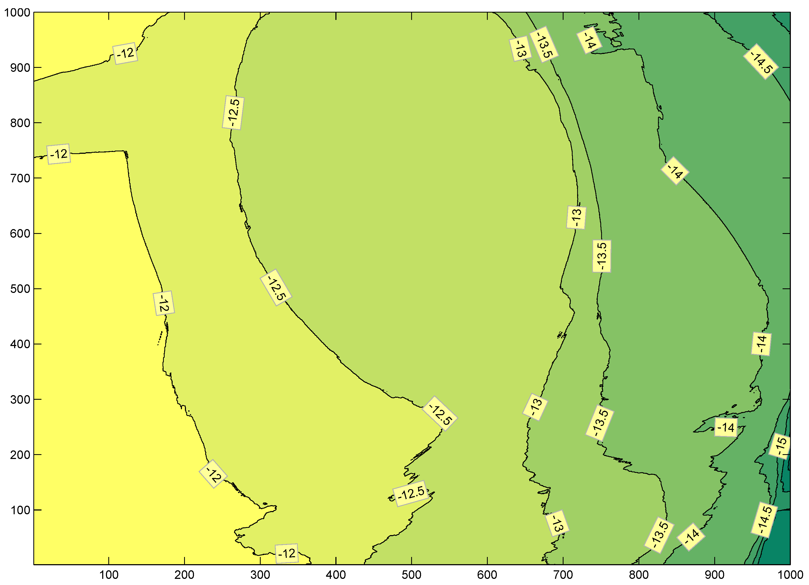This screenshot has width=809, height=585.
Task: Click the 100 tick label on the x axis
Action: tap(109, 575)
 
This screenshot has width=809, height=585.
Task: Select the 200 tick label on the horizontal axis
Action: tap(184, 575)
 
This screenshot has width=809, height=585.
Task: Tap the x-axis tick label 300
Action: tap(260, 575)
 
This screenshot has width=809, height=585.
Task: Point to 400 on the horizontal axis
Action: tap(336, 575)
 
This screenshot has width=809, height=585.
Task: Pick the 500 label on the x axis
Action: tap(412, 575)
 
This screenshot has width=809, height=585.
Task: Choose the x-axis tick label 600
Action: tap(487, 575)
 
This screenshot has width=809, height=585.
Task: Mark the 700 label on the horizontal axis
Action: tap(563, 575)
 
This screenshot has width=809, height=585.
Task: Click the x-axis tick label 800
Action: tap(639, 575)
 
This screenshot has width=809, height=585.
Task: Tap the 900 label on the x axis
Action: tap(715, 575)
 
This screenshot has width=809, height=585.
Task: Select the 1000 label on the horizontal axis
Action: tap(790, 575)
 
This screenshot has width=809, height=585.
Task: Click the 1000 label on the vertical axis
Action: tap(17, 13)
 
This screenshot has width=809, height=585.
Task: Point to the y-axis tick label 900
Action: tap(20, 68)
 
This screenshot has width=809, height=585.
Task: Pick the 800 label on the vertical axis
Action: tap(20, 123)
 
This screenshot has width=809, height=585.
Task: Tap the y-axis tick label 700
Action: tap(20, 178)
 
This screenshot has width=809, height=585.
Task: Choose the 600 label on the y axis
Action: tap(20, 234)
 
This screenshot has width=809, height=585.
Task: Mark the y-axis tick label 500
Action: tap(20, 289)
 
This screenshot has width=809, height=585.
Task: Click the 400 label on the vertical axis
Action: tap(20, 344)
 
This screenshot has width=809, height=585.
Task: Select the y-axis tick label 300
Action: tap(20, 400)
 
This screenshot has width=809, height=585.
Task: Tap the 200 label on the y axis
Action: tap(20, 455)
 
